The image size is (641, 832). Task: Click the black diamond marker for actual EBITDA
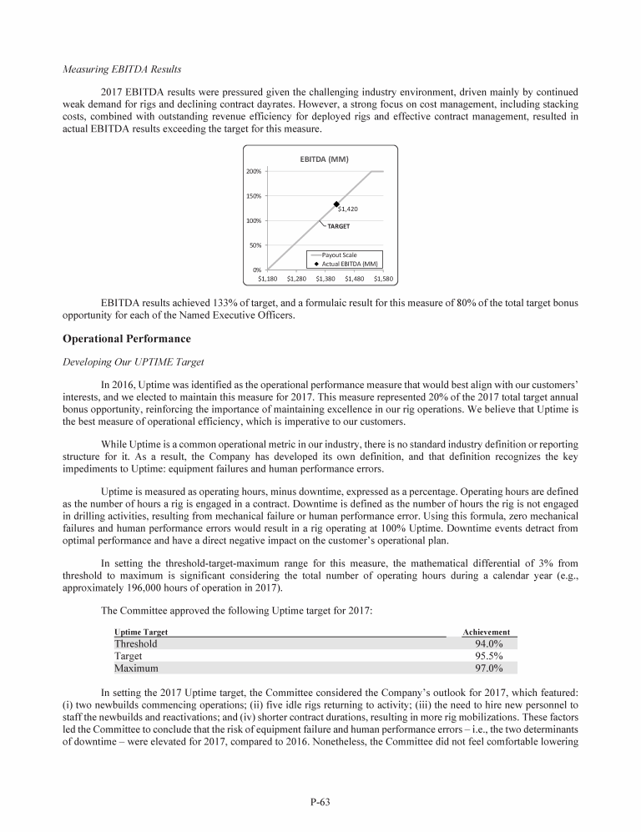click(x=336, y=204)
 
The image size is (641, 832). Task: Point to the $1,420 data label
click(x=348, y=209)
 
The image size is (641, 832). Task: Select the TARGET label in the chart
click(x=338, y=226)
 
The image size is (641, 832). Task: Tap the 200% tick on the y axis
click(x=253, y=171)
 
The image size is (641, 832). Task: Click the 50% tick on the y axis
click(x=255, y=245)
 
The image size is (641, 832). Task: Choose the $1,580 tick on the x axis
click(x=382, y=279)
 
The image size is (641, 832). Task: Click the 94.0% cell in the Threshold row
click(x=489, y=643)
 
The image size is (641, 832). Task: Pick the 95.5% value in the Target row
click(x=489, y=656)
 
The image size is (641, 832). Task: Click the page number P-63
click(x=320, y=803)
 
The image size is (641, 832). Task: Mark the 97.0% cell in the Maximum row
click(x=489, y=668)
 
